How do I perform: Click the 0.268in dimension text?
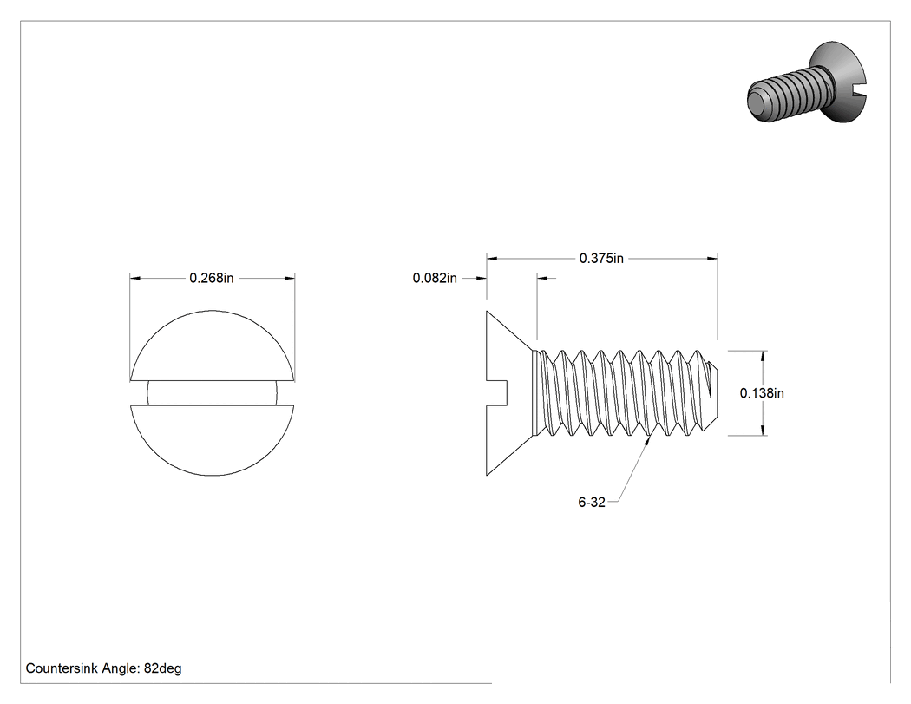212,279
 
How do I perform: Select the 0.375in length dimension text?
601,258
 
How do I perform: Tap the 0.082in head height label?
435,279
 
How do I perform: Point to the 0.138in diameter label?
762,393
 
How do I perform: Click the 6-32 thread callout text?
592,503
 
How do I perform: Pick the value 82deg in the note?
163,668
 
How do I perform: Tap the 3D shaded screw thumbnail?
807,82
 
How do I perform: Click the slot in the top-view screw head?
212,393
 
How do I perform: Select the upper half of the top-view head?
212,345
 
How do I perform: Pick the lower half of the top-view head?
212,440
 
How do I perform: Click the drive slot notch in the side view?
497,393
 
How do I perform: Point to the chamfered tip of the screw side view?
713,393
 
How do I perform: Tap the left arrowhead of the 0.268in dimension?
135,279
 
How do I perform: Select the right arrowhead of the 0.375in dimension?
711,258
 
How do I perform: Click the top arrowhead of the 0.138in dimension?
763,357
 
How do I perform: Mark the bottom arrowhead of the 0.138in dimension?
763,430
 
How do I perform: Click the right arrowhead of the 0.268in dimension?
289,279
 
